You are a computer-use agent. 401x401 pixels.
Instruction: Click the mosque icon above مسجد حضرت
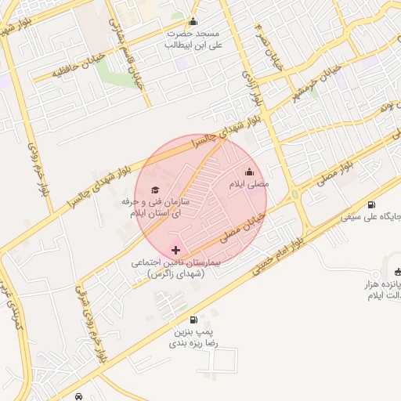(193, 22)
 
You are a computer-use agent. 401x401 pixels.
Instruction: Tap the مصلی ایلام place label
(248, 184)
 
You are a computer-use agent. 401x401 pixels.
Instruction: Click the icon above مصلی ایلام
(250, 172)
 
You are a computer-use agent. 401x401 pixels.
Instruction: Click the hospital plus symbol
(175, 250)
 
